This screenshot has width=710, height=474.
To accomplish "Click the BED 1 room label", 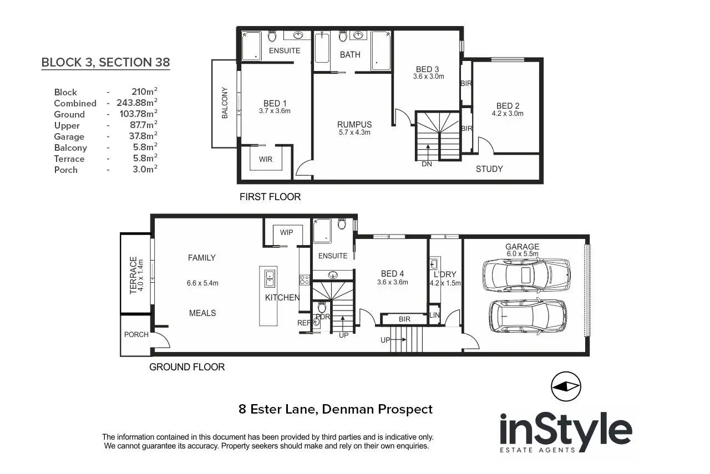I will [x=275, y=103].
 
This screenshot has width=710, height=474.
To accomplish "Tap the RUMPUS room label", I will [x=354, y=124].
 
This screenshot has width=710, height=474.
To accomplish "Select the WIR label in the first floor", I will [x=266, y=159].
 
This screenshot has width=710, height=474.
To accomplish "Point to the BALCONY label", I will [x=225, y=103].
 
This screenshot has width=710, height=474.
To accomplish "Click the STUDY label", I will [x=489, y=169].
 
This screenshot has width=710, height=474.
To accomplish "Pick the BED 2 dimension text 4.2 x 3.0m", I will [x=508, y=114].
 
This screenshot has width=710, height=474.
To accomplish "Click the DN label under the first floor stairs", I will [x=427, y=164].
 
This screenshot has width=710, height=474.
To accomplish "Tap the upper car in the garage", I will [x=526, y=274].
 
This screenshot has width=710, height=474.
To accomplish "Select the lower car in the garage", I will [x=528, y=316].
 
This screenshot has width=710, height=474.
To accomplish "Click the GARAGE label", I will [x=521, y=247].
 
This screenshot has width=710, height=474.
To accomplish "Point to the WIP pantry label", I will [x=287, y=232].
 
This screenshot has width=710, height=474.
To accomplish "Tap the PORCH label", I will [x=136, y=334].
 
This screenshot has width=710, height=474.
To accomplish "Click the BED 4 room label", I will [x=393, y=273].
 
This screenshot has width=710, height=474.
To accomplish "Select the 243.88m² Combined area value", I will [x=137, y=103].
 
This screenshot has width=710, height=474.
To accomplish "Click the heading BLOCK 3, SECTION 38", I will [x=105, y=62].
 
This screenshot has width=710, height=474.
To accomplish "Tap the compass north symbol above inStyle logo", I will [x=565, y=386].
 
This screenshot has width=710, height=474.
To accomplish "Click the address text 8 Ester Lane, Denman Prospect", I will [x=335, y=410].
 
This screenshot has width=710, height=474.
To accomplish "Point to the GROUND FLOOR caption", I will [x=187, y=366].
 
